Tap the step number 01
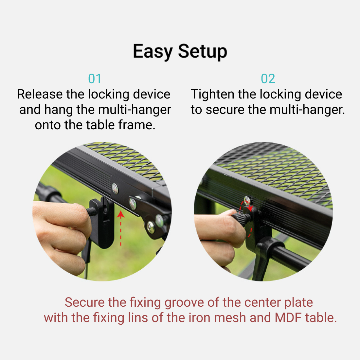tap(95, 79)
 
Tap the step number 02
tap(268, 79)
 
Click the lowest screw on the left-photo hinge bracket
tap(151, 227)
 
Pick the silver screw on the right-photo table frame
tap(247, 200)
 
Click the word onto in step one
tap(48, 125)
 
